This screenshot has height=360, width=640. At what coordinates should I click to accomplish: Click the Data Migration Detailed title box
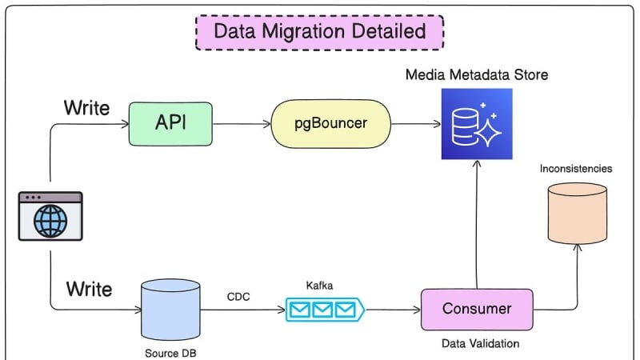click(x=319, y=32)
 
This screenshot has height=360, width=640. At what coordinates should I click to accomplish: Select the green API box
click(x=170, y=124)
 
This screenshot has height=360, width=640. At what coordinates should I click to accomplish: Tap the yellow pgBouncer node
click(x=330, y=124)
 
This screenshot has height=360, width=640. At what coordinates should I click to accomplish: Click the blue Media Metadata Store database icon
click(x=477, y=124)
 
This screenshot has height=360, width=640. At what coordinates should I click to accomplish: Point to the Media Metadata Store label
click(x=477, y=74)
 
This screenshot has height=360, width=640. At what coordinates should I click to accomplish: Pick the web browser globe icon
click(x=50, y=216)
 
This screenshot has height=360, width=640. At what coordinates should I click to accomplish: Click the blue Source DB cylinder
click(x=170, y=310)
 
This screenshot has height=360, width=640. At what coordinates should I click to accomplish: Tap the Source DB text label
click(x=170, y=353)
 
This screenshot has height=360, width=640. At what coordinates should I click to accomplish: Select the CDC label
click(x=238, y=297)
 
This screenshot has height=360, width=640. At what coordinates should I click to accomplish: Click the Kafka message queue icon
click(x=325, y=310)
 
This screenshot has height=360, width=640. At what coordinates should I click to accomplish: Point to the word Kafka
click(x=319, y=286)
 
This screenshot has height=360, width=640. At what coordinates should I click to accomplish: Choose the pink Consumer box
click(x=477, y=310)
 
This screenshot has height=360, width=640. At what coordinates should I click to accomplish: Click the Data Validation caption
click(x=481, y=344)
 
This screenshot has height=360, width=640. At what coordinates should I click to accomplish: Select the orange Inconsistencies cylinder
click(x=577, y=214)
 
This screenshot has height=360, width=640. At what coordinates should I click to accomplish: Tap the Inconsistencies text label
click(x=576, y=169)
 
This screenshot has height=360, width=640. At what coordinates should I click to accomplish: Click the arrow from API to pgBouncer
click(x=242, y=124)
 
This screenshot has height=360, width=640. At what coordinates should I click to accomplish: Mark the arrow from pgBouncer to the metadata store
click(x=416, y=124)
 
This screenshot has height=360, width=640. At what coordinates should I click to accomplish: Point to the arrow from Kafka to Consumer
click(x=393, y=310)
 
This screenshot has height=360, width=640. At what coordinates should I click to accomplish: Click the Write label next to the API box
click(x=86, y=108)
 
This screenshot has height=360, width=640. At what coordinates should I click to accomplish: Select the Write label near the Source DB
click(x=89, y=289)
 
